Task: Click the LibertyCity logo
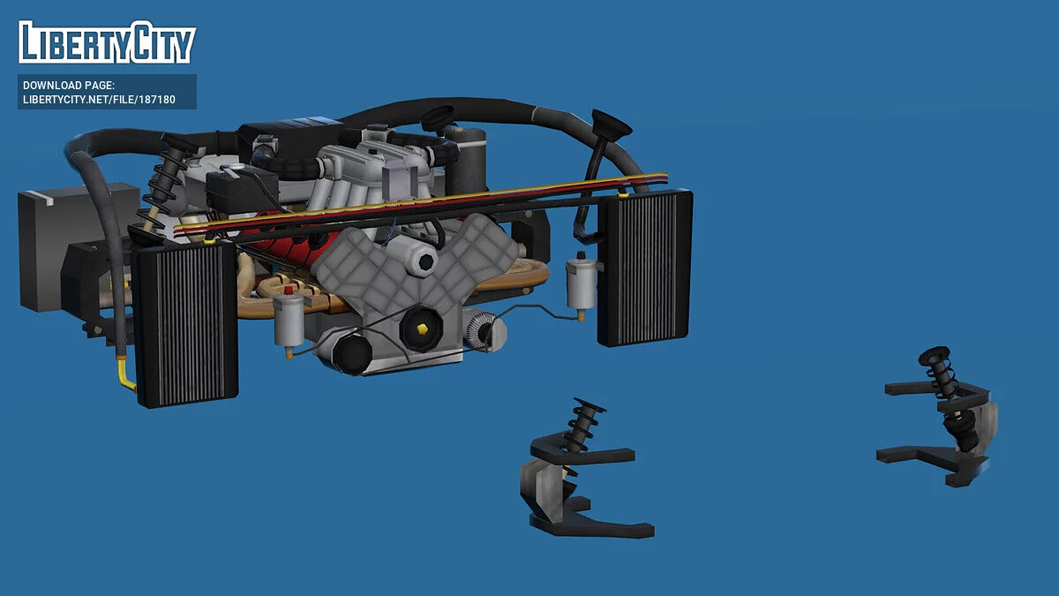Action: (x=107, y=41)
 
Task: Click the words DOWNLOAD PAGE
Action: (x=69, y=86)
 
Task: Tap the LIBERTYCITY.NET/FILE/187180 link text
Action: (x=99, y=100)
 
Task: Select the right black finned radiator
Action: (x=645, y=268)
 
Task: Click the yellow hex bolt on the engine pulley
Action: (x=422, y=329)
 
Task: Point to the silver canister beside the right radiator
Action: (x=581, y=287)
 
